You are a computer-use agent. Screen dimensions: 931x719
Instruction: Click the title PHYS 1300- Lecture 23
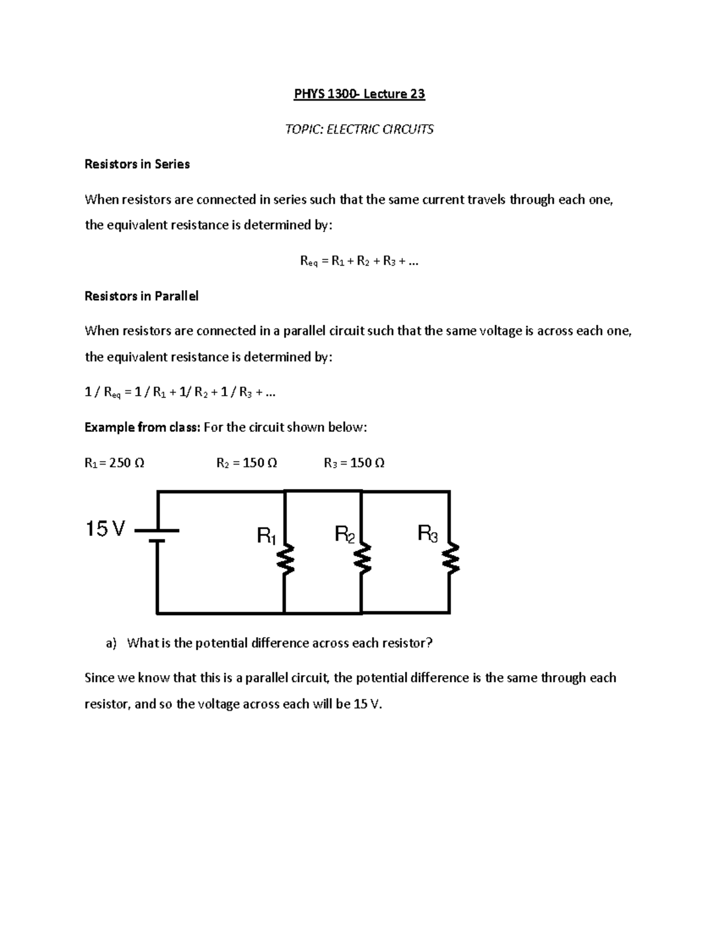[359, 94]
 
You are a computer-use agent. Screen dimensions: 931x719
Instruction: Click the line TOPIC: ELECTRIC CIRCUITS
[359, 129]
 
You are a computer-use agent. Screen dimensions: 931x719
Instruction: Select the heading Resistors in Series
[137, 164]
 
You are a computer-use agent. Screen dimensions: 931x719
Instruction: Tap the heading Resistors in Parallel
[141, 296]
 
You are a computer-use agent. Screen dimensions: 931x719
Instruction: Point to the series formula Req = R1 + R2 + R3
[359, 261]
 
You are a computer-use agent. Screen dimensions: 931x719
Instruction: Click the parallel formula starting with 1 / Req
[180, 393]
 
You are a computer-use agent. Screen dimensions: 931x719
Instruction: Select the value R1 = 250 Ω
[114, 463]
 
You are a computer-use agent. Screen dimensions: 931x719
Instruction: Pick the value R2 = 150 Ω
[246, 463]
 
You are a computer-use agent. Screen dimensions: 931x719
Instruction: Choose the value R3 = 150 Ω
[354, 463]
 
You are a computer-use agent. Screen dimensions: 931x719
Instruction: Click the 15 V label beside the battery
[105, 529]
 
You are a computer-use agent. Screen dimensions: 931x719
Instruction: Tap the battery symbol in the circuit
[157, 535]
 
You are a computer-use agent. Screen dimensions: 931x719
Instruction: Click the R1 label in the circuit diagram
[266, 535]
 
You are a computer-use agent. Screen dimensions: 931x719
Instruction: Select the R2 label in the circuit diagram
[345, 534]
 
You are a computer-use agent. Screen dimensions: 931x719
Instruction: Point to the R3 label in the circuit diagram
[428, 532]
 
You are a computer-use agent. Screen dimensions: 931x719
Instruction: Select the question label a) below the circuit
[111, 643]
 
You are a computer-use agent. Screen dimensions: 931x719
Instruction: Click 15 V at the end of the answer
[367, 704]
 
